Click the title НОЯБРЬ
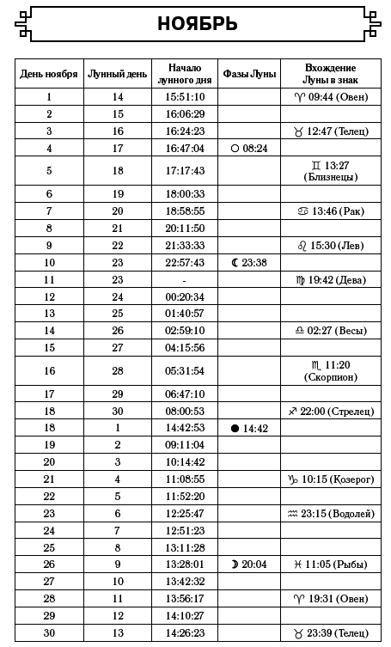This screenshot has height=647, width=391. (197, 23)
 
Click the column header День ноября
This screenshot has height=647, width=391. (49, 74)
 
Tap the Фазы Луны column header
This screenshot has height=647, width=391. (249, 74)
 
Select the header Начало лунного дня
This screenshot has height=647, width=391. (185, 74)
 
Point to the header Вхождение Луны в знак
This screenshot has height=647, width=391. (330, 74)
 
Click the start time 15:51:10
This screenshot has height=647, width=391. (185, 97)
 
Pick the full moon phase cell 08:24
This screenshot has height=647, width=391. (249, 148)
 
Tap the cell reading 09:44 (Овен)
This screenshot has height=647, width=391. (330, 97)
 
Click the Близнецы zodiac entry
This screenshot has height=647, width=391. (330, 171)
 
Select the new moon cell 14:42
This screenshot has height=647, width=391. (249, 428)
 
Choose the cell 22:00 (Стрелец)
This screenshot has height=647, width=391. (330, 412)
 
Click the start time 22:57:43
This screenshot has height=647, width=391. (185, 262)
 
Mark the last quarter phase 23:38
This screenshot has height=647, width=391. (249, 262)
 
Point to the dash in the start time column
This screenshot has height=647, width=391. (185, 280)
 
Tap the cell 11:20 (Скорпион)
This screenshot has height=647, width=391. (330, 370)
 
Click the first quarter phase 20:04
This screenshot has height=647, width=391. (249, 565)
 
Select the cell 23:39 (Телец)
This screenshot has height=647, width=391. (330, 633)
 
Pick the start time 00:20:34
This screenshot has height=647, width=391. (185, 296)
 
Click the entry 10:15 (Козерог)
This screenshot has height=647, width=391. (330, 479)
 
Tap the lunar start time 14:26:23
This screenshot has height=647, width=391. (185, 633)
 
